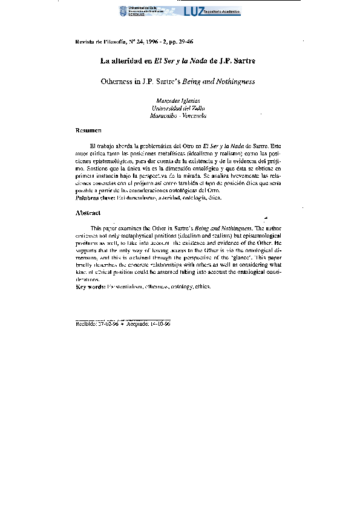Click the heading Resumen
(x=88, y=131)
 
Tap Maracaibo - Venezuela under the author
(x=178, y=115)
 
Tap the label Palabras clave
(x=94, y=198)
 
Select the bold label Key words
(x=90, y=286)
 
